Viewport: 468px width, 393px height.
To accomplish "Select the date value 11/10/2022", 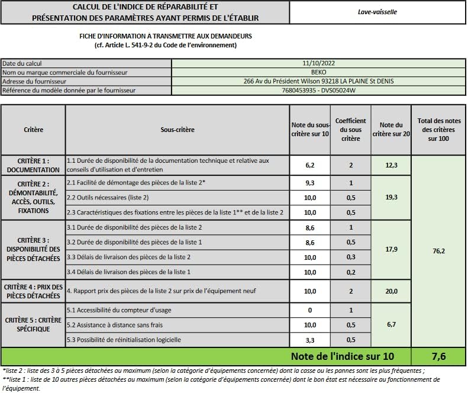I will pos(318,63).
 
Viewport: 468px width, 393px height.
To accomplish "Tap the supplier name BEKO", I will pos(318,72).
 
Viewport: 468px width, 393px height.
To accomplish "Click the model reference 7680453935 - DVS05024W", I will pos(318,91).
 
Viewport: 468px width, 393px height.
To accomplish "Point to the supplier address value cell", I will pos(318,81).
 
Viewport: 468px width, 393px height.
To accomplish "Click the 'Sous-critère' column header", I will pos(177,130).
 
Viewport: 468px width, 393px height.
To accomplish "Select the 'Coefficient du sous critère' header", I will pos(350,130).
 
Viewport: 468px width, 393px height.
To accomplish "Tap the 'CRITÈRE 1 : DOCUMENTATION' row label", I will pos(33,165).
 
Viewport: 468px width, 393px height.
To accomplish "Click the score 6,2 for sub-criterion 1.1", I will pos(310,166).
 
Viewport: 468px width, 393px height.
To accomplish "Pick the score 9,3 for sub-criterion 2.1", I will pos(310,183).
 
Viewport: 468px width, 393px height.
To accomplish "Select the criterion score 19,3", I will pos(391,197).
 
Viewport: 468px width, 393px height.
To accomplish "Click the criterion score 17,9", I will pos(391,249).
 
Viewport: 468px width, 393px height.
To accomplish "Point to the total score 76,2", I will pos(438,251).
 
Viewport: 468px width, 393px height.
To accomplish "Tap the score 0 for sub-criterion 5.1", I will pos(310,310).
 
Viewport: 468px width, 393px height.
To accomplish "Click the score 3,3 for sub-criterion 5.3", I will pos(310,340).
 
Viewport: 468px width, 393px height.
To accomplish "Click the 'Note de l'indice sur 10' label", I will pos(350,356).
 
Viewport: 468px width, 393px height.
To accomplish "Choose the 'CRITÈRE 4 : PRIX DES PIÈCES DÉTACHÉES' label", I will pos(33,291).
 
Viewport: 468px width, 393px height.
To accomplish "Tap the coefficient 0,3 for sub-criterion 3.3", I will pos(350,257).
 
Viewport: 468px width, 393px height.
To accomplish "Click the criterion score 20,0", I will pos(391,291).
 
